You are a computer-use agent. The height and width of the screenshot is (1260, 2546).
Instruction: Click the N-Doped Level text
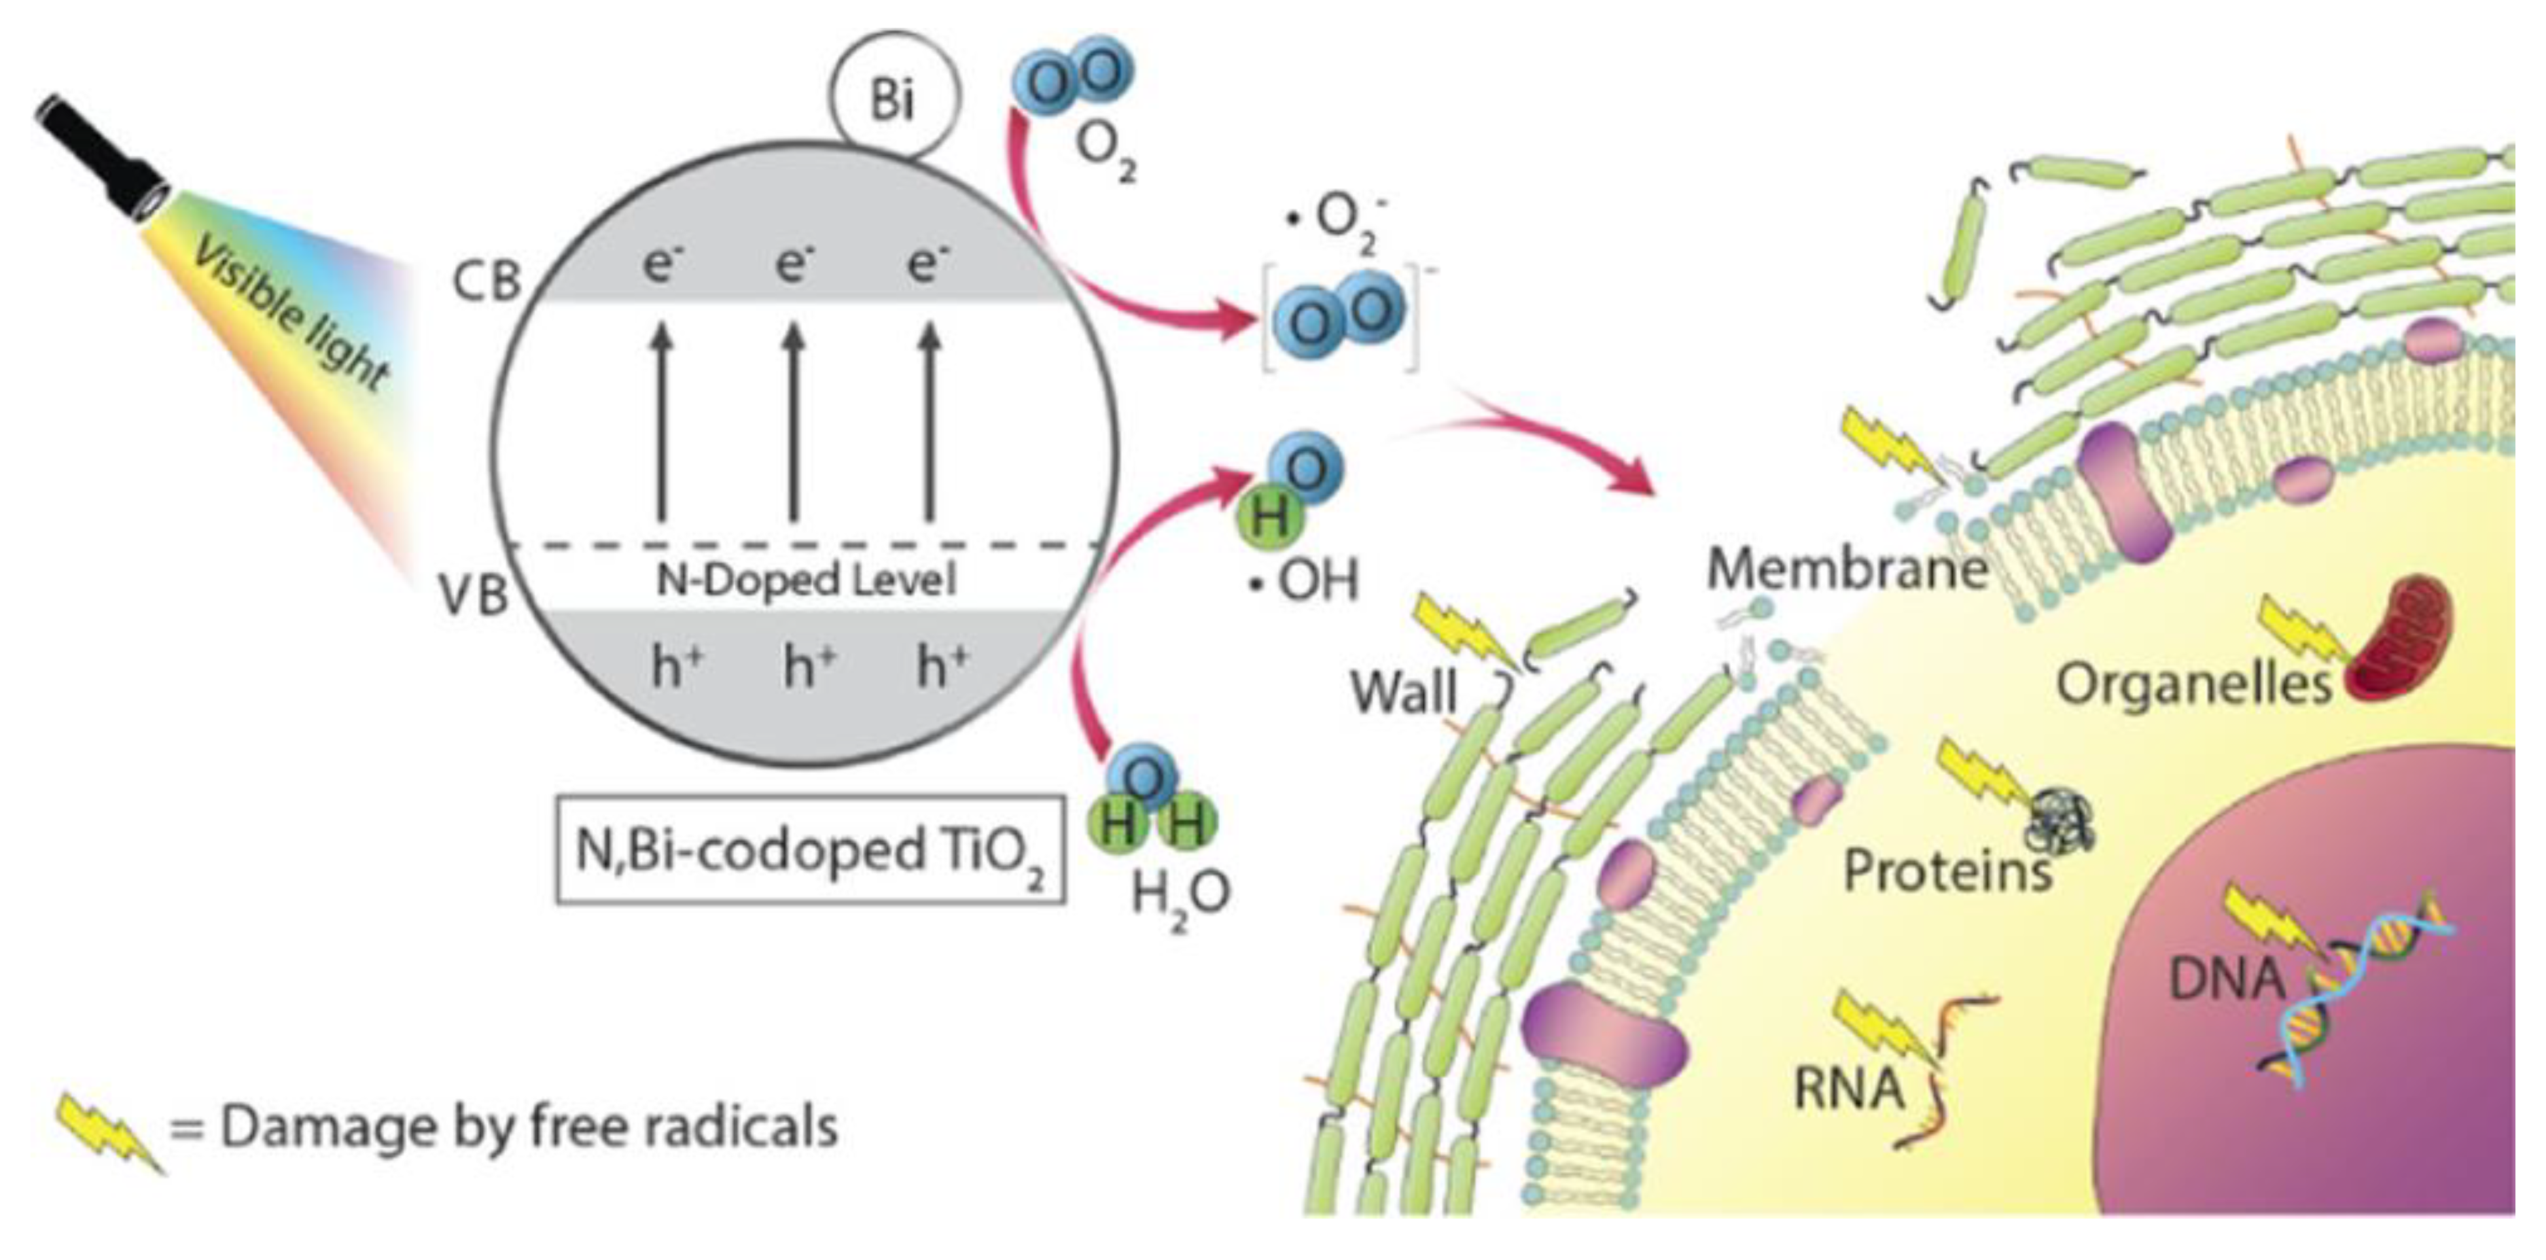coord(805,579)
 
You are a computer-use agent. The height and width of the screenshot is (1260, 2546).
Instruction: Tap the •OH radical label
coord(1304,581)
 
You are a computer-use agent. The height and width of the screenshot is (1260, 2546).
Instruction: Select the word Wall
coord(1404,692)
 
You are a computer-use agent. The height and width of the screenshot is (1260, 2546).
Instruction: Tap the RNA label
coord(1848,1087)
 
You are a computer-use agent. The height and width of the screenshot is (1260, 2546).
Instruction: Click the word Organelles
coord(2194,684)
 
